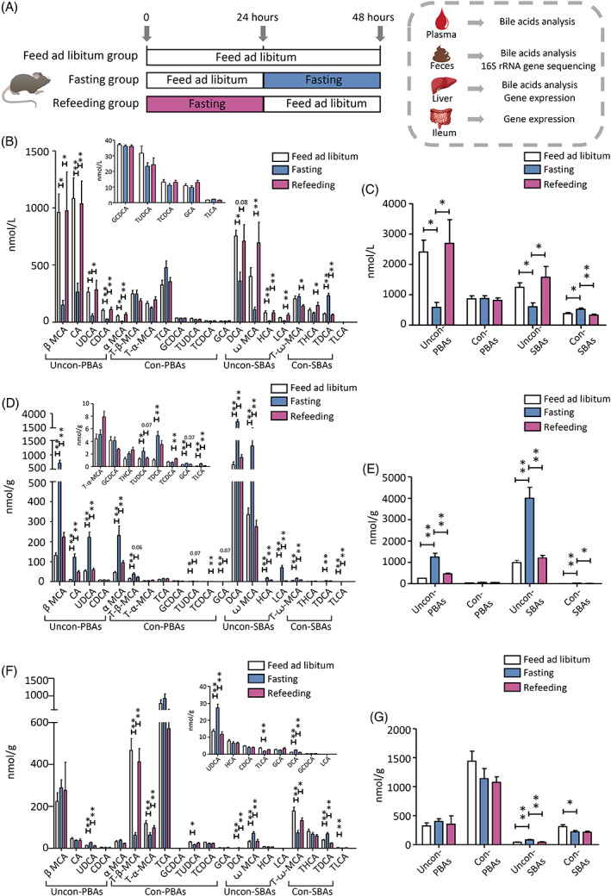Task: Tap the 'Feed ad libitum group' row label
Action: click(x=76, y=57)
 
